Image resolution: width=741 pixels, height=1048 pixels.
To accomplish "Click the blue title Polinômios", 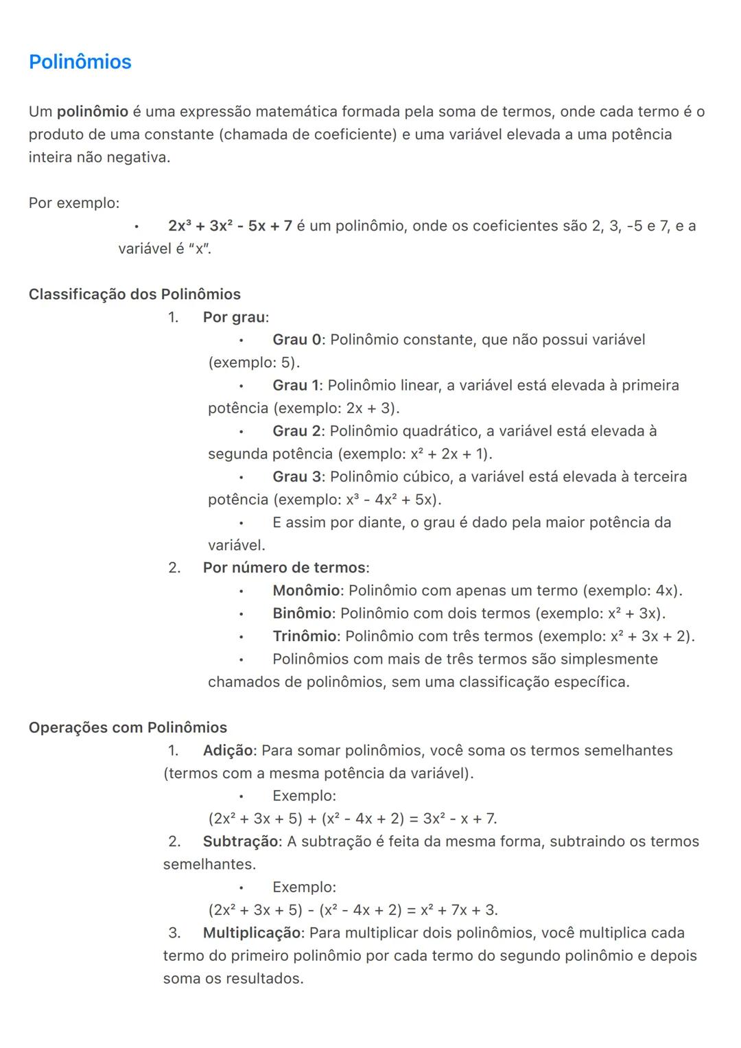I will click(x=80, y=62).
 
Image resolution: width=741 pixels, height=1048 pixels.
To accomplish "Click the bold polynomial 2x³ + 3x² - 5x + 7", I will click(x=230, y=226).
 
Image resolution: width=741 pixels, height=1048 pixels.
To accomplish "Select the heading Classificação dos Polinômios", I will click(x=134, y=294).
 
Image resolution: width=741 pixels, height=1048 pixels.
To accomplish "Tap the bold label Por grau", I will click(x=234, y=317).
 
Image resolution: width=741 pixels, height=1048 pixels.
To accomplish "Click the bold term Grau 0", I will click(x=296, y=340).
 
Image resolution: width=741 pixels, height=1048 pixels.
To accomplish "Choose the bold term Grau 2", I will click(x=296, y=431).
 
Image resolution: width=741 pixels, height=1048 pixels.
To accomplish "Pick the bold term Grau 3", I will click(x=296, y=477).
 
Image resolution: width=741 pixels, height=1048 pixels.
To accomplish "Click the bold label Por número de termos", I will click(x=284, y=568).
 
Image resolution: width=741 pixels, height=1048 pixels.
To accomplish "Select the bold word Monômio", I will click(x=306, y=591).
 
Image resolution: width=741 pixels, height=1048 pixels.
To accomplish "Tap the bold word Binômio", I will click(x=302, y=614).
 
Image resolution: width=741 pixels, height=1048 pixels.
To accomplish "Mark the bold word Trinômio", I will click(x=305, y=636).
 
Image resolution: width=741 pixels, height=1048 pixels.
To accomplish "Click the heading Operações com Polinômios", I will click(x=128, y=727).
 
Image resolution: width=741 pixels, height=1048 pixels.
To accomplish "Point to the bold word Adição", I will click(x=228, y=751).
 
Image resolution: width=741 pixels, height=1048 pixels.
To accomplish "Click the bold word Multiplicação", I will click(x=252, y=933).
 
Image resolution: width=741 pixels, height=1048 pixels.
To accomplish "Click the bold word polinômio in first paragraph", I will click(x=93, y=112).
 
